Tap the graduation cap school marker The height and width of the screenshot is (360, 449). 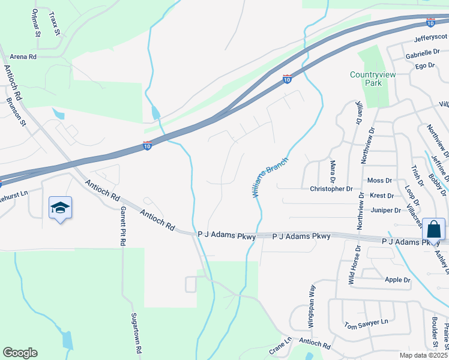coord(60,208)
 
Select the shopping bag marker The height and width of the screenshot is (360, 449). coord(434,230)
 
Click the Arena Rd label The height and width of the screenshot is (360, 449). coord(23,56)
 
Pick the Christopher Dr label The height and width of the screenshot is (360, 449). coord(331,188)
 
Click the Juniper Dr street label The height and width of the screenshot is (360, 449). coord(386,210)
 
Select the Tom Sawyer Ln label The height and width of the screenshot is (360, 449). coord(366,324)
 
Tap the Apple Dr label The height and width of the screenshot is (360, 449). coord(397,280)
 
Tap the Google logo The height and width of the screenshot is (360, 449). coord(20,353)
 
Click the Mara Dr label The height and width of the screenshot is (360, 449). coord(332,171)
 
